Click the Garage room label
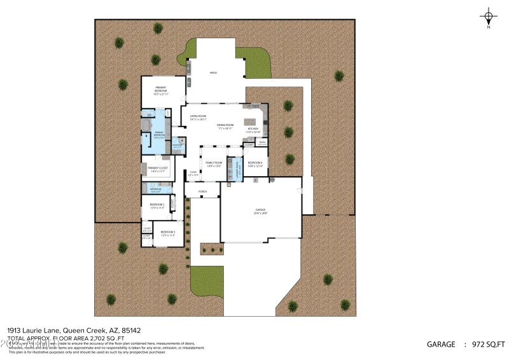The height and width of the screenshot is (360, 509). [260, 211]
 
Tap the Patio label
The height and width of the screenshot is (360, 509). [214, 73]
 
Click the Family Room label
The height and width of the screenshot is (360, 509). [214, 164]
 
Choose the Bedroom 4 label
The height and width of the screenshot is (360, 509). [254, 164]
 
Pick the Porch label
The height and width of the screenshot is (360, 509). [203, 191]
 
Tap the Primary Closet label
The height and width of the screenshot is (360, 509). [157, 169]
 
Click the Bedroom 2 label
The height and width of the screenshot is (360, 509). [157, 205]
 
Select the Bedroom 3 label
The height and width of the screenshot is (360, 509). [167, 233]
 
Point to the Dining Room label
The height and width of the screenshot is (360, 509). [225, 127]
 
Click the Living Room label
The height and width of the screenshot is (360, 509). [198, 117]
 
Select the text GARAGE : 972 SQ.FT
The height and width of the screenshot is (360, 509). [465, 344]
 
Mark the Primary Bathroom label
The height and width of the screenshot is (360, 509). [159, 135]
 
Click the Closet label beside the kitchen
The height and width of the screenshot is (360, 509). [249, 145]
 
